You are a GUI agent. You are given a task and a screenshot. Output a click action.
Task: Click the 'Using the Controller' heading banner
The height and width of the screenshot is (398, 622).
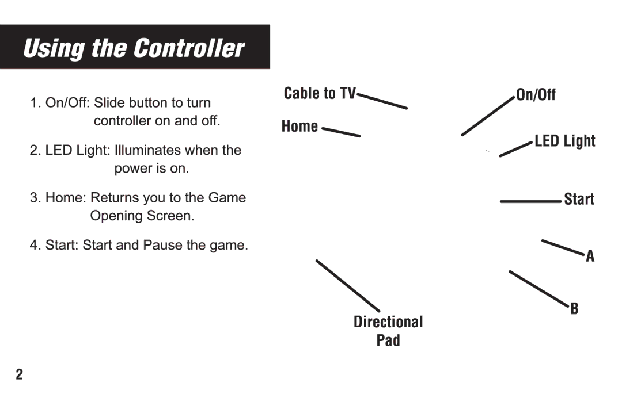134,48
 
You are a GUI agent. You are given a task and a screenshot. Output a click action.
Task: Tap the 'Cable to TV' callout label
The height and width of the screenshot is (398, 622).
320,94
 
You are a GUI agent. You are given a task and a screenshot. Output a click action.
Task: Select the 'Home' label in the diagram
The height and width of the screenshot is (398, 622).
299,127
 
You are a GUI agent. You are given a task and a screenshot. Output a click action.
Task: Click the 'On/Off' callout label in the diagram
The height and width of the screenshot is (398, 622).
536,95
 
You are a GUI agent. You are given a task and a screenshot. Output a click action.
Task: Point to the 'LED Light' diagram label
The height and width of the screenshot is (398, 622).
564,141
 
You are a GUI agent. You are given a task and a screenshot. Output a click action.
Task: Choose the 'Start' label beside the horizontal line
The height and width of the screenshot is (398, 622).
579,200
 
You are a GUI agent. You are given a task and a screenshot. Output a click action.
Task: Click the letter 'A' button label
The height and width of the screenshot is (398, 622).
590,257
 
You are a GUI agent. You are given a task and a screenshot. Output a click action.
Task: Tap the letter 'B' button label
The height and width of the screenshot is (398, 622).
574,309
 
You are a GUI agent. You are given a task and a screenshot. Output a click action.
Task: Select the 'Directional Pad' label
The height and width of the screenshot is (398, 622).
388,331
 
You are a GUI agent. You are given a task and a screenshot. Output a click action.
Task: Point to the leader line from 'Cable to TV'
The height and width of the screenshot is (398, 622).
382,101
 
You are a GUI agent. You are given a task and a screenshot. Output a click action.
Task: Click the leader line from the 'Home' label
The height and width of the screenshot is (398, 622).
340,132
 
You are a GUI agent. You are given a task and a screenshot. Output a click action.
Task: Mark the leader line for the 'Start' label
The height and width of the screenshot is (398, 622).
530,201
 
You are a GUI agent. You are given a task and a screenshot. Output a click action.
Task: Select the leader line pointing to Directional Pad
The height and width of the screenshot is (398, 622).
347,285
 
